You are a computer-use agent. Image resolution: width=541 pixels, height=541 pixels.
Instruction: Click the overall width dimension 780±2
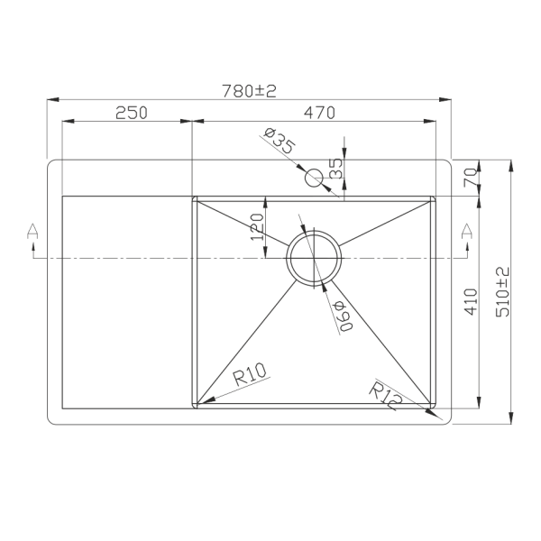click(249, 90)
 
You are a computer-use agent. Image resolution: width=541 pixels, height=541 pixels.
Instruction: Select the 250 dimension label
click(131, 113)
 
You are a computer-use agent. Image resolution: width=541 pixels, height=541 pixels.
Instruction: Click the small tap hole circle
click(315, 178)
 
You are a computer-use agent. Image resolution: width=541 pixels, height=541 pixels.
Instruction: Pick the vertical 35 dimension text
click(336, 168)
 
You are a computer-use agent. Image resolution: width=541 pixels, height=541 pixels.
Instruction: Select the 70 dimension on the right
click(469, 179)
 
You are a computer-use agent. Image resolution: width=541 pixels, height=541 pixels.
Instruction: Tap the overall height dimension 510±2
click(502, 291)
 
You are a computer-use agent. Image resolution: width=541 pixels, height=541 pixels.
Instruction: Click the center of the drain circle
click(314, 257)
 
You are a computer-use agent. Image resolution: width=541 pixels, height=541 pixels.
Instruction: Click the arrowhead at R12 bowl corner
click(434, 416)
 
